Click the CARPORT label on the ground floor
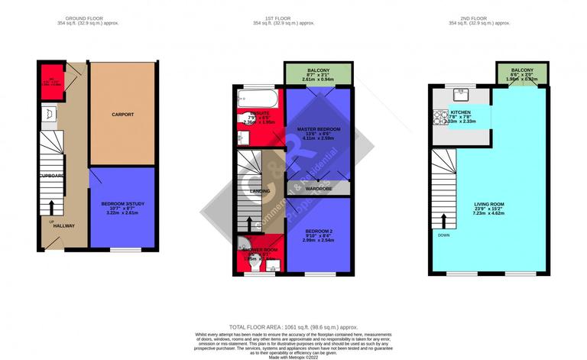[x=122, y=115]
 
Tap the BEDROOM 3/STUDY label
[x=122, y=204]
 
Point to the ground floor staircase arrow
[x=51, y=207]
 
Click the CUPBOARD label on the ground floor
[x=50, y=176]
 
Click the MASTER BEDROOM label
[x=318, y=130]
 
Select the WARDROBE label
[x=318, y=187]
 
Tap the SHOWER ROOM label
[x=259, y=250]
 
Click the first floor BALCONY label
[x=318, y=69]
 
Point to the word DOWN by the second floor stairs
[x=444, y=235]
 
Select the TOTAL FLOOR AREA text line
[x=293, y=326]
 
